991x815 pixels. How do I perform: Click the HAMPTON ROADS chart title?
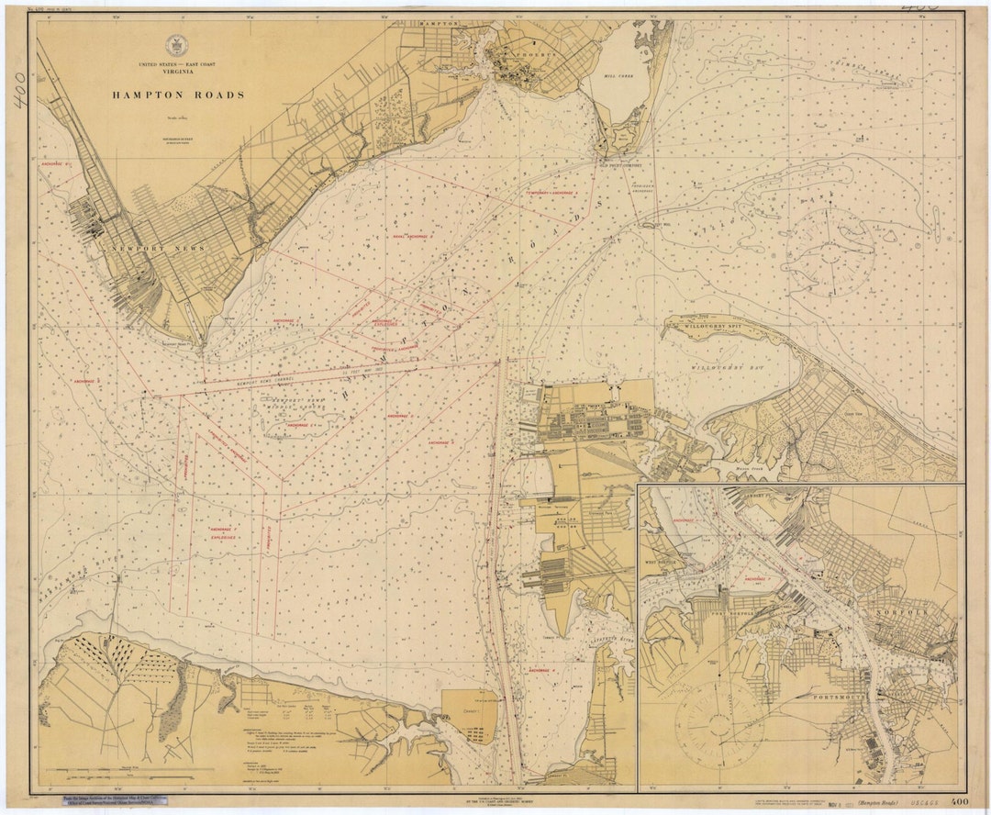[178, 95]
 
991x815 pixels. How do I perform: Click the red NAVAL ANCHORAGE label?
[412, 237]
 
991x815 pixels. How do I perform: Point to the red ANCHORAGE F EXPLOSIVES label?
[222, 534]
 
